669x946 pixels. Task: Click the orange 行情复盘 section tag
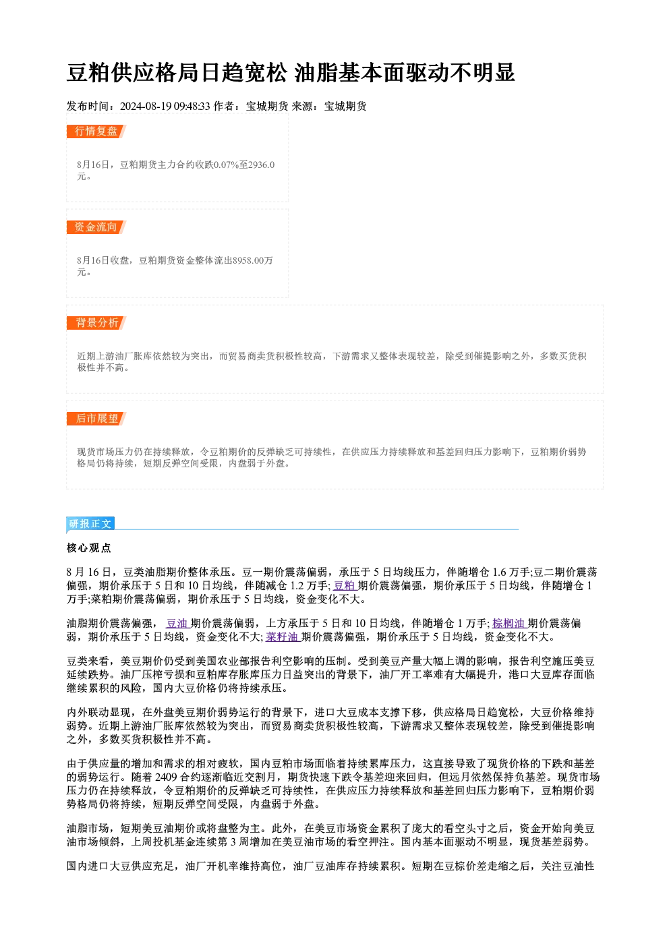click(96, 131)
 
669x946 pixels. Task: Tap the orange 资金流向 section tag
click(96, 227)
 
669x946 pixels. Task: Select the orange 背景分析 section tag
click(96, 323)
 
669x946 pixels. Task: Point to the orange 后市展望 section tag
click(96, 419)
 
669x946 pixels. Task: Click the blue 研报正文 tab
click(90, 524)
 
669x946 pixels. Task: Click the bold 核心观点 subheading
click(89, 548)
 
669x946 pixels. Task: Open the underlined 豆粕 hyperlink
click(344, 586)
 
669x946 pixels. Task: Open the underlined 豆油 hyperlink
click(177, 623)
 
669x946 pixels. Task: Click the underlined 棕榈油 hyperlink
click(508, 623)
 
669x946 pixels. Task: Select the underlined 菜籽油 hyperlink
click(282, 637)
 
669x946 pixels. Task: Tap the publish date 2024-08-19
click(146, 106)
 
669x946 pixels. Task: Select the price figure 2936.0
click(262, 165)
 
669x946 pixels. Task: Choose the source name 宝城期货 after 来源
click(345, 106)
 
